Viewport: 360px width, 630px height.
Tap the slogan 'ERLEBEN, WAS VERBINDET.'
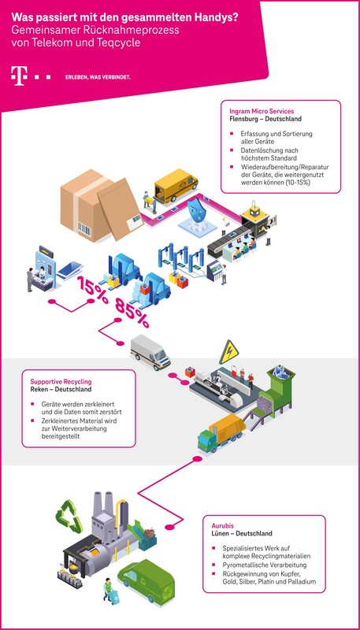point(98,77)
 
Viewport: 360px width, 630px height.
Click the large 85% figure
point(132,313)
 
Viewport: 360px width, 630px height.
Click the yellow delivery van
point(175,186)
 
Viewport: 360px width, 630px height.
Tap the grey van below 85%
point(150,352)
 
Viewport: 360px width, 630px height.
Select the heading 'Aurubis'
point(225,525)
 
